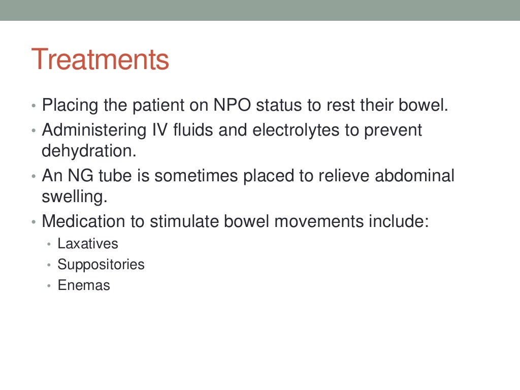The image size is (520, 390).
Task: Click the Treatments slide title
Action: pos(100,59)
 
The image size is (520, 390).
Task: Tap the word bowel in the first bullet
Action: pos(424,107)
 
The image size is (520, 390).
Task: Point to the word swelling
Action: pos(74,198)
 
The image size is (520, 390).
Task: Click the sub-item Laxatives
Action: pos(87,244)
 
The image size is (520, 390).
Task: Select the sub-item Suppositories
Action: pos(101,265)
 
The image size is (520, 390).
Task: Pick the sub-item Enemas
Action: pos(83,285)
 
